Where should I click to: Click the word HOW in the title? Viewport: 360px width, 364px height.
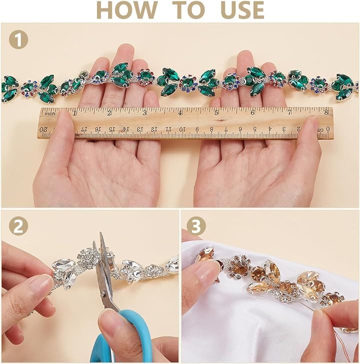click(127, 10)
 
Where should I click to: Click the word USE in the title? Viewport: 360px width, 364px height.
click(242, 10)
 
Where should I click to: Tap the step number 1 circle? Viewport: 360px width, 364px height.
click(18, 39)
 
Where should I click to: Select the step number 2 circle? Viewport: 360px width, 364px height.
click(18, 226)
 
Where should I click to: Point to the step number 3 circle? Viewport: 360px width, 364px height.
click(196, 226)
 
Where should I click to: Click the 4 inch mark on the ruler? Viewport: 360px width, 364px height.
click(180, 113)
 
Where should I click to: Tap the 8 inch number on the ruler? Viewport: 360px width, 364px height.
click(326, 112)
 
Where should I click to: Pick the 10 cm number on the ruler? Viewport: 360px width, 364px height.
click(182, 129)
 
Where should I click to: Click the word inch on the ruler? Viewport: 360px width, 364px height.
click(50, 113)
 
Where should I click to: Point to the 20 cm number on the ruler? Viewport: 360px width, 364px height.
click(43, 129)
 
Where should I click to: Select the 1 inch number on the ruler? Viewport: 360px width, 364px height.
click(74, 113)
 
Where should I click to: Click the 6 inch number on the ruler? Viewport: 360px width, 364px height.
click(252, 112)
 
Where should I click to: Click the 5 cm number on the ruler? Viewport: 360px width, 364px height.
click(254, 129)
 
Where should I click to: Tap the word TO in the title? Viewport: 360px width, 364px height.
click(189, 10)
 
